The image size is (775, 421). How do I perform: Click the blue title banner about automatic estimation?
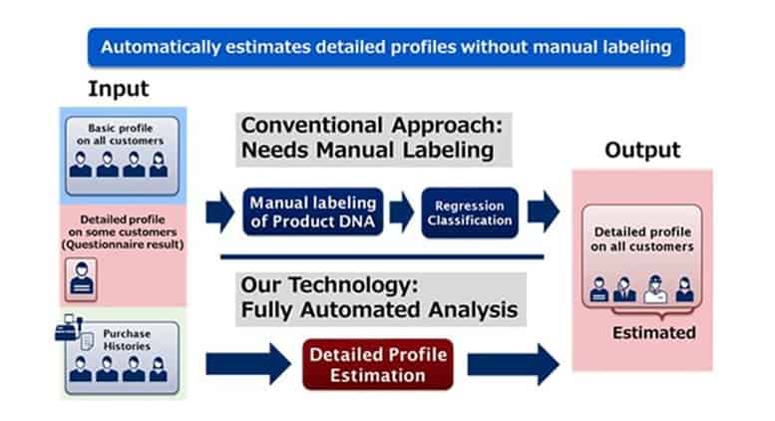click(386, 47)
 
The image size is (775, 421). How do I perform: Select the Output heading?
click(641, 151)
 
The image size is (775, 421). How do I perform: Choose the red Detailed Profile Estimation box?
click(378, 364)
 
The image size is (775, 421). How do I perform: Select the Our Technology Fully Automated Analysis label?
click(379, 297)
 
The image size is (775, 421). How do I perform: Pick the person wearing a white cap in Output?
click(655, 286)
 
